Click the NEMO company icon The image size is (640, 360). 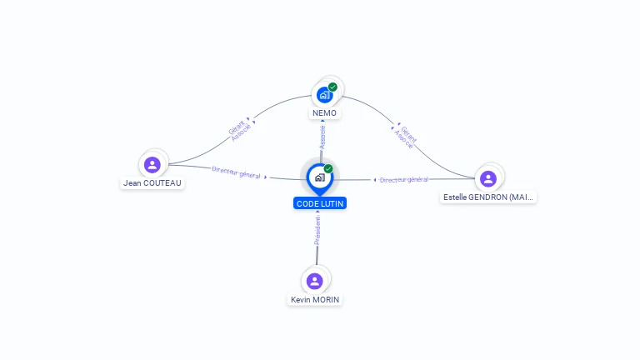324,95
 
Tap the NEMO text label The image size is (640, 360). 324,113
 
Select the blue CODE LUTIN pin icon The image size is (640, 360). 319,177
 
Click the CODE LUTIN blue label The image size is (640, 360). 319,203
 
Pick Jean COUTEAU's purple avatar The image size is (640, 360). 152,165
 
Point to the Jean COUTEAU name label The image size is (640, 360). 152,183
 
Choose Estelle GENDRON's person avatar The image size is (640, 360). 488,178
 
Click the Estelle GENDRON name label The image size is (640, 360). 489,197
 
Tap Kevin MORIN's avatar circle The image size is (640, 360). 314,281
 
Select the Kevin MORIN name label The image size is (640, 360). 315,300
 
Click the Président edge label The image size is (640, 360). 317,231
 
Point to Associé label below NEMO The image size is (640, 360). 322,137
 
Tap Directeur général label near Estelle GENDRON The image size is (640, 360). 404,179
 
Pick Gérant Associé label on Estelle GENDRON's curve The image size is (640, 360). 405,136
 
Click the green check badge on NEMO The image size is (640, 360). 332,87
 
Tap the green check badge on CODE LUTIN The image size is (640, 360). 328,168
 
